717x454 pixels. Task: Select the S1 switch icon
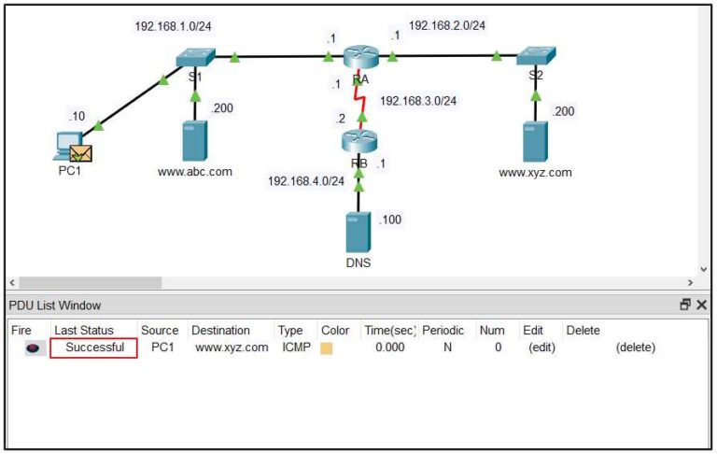pyautogui.click(x=195, y=57)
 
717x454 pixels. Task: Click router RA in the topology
pyautogui.click(x=359, y=57)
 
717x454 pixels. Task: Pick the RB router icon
pyautogui.click(x=358, y=141)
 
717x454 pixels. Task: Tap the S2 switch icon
pyautogui.click(x=536, y=56)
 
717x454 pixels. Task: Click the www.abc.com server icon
pyautogui.click(x=195, y=140)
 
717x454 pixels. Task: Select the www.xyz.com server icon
pyautogui.click(x=536, y=141)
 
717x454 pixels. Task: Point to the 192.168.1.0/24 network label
pyautogui.click(x=174, y=26)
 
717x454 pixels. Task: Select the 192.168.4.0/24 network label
pyautogui.click(x=306, y=180)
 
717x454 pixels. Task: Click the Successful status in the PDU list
pyautogui.click(x=94, y=348)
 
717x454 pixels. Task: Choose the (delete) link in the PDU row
pyautogui.click(x=635, y=348)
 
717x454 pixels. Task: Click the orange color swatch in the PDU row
pyautogui.click(x=327, y=348)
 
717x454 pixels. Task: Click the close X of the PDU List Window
pyautogui.click(x=701, y=305)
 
